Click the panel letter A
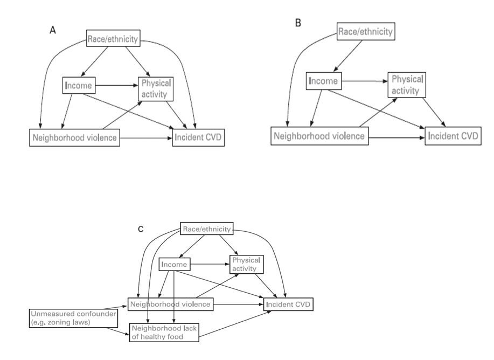coord(53,31)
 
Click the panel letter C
coord(141,229)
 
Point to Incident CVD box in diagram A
coord(198,138)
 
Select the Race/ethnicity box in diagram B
coord(365,31)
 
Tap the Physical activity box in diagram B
coord(406,85)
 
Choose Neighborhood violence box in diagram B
coord(319,136)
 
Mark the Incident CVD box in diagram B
coord(453,136)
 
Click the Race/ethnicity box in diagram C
coord(206,229)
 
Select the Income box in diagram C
coord(174,265)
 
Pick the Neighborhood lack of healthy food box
coord(164,333)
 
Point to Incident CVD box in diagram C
coord(288,305)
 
